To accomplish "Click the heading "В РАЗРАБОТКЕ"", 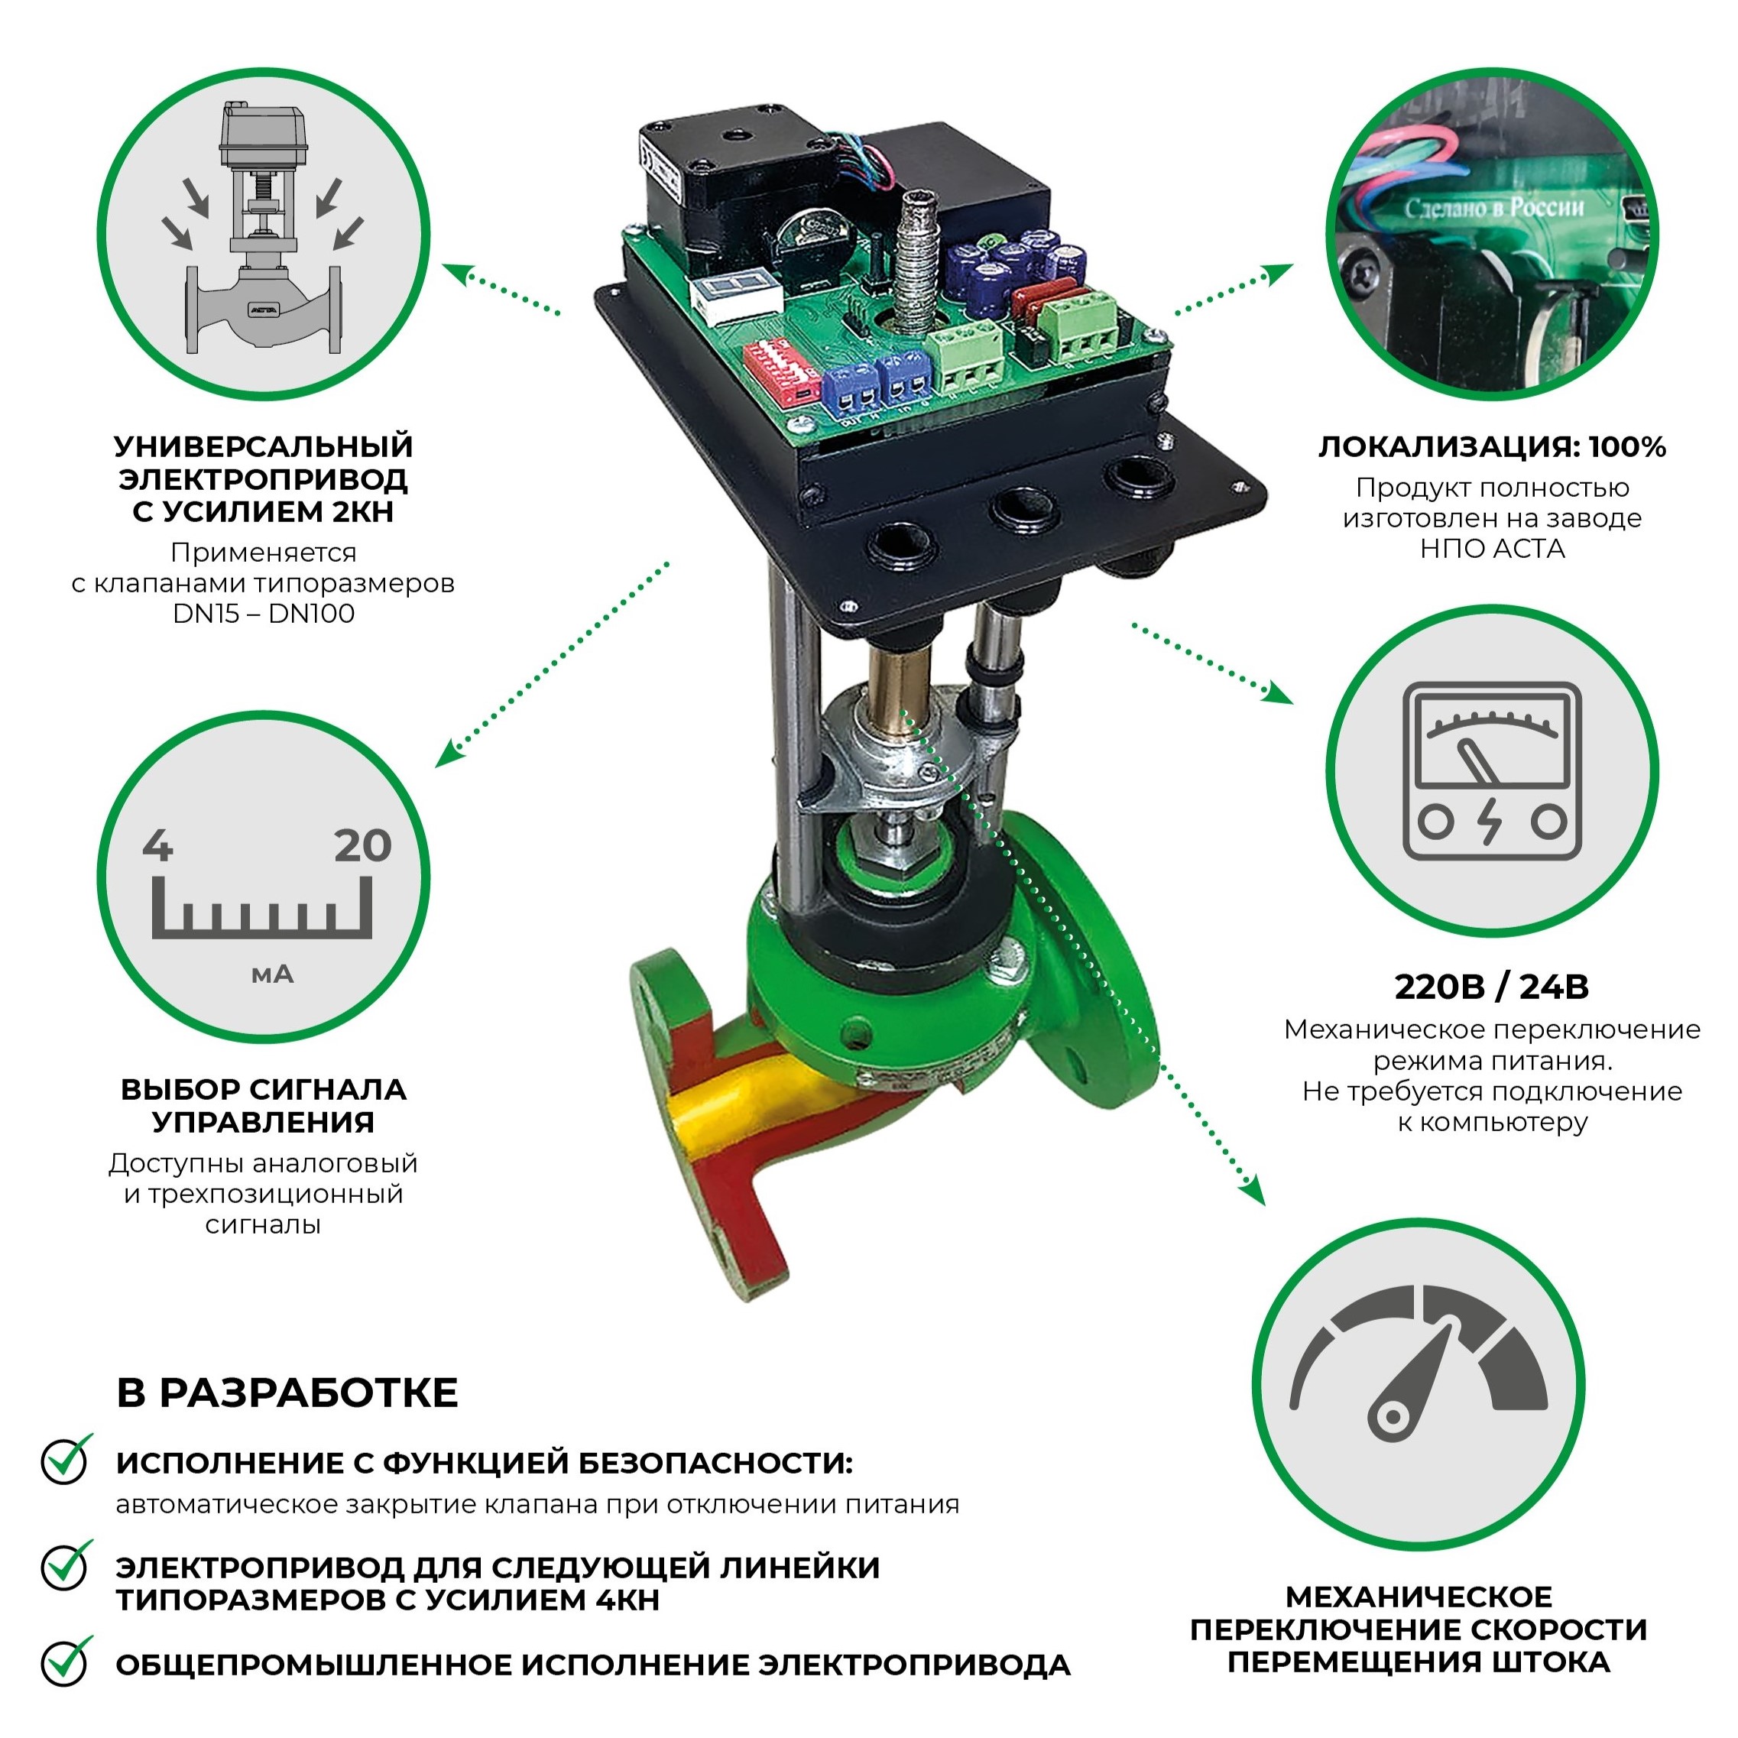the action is click(x=287, y=1392).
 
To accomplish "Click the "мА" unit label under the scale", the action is click(x=271, y=974).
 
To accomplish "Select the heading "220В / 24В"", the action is click(x=1491, y=987).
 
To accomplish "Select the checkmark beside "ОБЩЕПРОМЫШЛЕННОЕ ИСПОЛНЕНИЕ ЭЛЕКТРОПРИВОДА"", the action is click(x=66, y=1662).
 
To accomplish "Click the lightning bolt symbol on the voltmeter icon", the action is click(x=1491, y=820).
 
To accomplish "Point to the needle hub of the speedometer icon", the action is click(x=1393, y=1417).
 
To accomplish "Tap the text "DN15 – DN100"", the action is click(x=264, y=614).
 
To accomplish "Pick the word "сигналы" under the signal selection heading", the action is click(x=263, y=1224).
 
